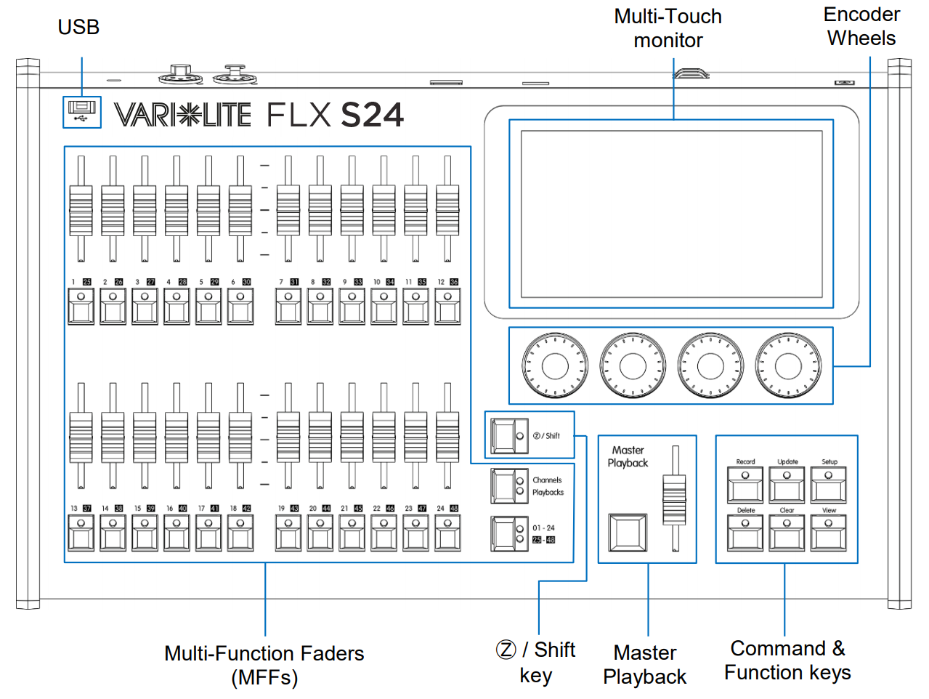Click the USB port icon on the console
(x=81, y=112)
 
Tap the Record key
(x=745, y=484)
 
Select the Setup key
(x=829, y=484)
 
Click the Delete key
(x=745, y=533)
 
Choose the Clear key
(x=787, y=533)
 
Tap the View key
(x=829, y=533)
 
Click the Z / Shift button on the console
(x=509, y=435)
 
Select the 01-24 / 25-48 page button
(x=509, y=534)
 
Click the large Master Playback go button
(x=627, y=533)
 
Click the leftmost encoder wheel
(x=555, y=365)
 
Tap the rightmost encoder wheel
(x=788, y=365)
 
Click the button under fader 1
(x=81, y=307)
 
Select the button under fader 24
(x=447, y=533)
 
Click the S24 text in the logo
(x=372, y=116)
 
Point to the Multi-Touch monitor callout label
(x=668, y=28)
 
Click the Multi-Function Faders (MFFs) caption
(x=264, y=665)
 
